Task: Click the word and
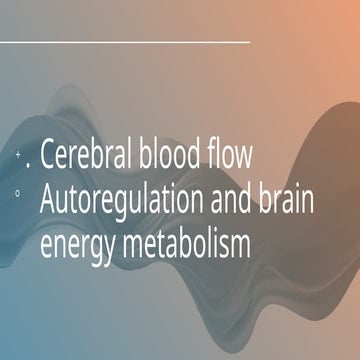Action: tap(236, 199)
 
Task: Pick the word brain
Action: tap(290, 199)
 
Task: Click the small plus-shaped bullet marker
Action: tap(20, 156)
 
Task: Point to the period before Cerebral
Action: tap(30, 167)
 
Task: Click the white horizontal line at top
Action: tap(125, 42)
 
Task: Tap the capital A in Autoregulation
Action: tap(49, 199)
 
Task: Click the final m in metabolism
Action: tap(241, 245)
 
